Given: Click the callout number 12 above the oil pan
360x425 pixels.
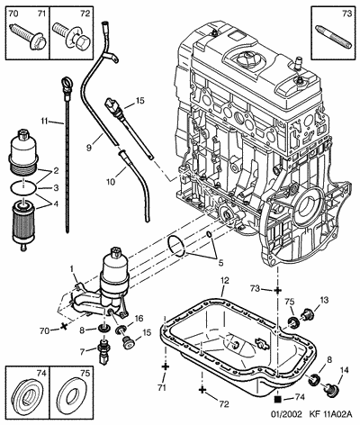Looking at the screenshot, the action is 225,281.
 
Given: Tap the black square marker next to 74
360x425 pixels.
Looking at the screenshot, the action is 278,399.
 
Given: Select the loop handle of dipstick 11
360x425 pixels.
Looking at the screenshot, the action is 66,82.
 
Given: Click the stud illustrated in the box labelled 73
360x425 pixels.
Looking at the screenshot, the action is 333,36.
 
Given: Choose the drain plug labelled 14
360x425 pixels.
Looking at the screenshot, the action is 330,390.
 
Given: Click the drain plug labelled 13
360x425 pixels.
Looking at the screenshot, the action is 307,315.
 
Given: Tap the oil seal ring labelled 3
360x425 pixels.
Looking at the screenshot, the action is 23,188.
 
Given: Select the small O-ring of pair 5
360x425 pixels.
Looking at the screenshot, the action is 209,234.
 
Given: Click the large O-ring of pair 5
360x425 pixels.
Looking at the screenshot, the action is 176,246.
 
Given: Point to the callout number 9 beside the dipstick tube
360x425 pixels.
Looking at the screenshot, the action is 89,148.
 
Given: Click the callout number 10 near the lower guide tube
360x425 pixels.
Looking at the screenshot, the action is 111,182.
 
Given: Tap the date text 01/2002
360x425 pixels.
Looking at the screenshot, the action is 286,414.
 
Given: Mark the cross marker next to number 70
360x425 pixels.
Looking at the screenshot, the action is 63,326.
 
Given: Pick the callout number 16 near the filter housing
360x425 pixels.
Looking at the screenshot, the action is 139,318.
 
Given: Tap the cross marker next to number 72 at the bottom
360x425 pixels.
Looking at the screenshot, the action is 202,390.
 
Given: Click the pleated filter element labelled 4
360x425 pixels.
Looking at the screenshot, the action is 22,222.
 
